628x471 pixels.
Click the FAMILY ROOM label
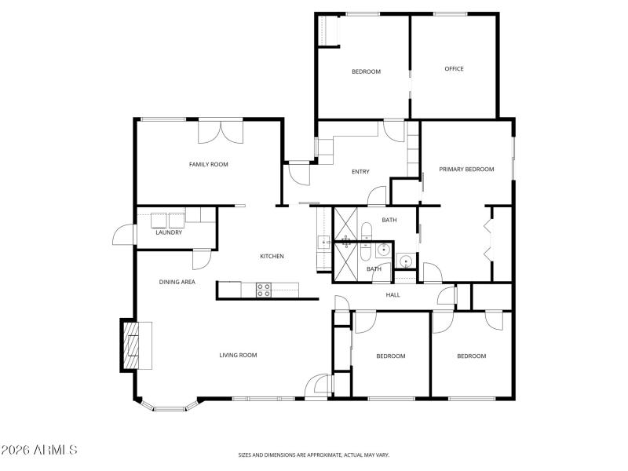(x=208, y=164)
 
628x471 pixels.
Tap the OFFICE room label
(x=454, y=69)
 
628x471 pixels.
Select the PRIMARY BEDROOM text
(x=466, y=169)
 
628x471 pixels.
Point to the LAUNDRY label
(x=169, y=232)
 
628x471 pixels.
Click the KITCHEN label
(x=272, y=257)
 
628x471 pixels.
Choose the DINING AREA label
(x=177, y=282)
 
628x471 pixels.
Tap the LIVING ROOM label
(x=238, y=356)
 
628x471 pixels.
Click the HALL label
(x=392, y=295)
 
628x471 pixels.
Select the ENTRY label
(x=360, y=172)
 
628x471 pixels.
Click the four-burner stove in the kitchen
(x=264, y=290)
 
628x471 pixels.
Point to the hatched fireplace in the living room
(x=130, y=345)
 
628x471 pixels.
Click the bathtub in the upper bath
(x=366, y=231)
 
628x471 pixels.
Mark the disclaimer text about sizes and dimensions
(x=314, y=455)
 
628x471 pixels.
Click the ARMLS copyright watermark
(x=39, y=451)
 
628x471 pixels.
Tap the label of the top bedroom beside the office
(x=366, y=71)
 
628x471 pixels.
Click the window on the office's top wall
(x=451, y=13)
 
